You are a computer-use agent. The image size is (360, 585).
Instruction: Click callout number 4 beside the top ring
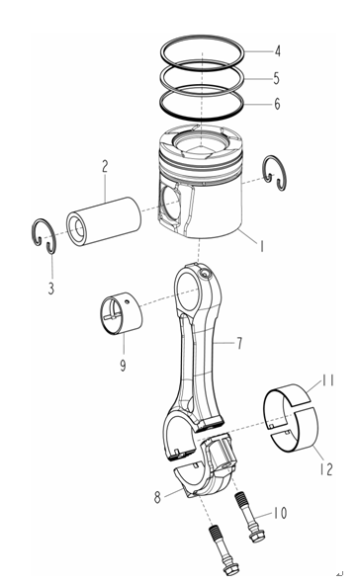coord(278,51)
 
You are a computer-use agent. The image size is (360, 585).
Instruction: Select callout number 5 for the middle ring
coord(276,78)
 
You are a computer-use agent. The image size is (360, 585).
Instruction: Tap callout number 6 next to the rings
coord(277,104)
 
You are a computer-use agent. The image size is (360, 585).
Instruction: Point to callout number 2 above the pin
coord(105,166)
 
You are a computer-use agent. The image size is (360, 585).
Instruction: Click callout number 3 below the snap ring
coord(51,288)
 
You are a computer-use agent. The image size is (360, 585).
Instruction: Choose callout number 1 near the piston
coord(262,246)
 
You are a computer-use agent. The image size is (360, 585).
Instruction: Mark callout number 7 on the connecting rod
coord(239,343)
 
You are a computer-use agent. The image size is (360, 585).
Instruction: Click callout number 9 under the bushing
coord(123,366)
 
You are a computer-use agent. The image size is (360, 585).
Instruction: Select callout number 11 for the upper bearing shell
coord(328,380)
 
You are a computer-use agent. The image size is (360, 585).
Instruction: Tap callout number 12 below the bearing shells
coord(326,469)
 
